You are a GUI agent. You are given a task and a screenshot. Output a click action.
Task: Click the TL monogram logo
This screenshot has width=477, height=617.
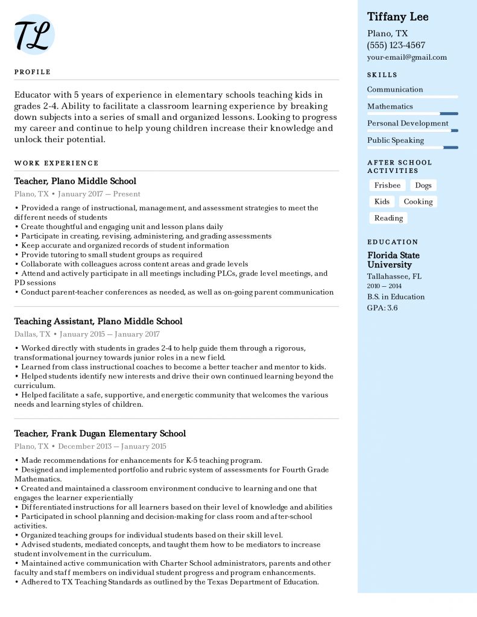tap(34, 34)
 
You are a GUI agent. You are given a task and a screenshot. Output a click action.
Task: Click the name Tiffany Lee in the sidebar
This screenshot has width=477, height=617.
tap(398, 17)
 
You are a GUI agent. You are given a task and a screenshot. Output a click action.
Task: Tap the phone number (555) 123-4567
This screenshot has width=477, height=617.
tap(396, 45)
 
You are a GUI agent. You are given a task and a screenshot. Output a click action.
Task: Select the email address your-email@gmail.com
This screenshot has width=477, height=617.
tap(407, 57)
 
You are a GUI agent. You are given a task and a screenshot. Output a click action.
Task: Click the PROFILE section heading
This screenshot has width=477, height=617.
tap(33, 72)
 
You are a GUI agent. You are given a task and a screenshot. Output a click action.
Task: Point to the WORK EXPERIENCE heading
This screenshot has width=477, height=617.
tap(56, 163)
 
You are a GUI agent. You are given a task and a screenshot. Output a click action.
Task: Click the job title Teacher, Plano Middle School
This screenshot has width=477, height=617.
tap(75, 181)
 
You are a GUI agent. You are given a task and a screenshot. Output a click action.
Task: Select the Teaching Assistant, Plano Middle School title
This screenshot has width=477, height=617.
tap(98, 322)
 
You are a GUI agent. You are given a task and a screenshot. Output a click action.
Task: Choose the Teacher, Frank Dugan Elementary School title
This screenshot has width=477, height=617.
tap(100, 434)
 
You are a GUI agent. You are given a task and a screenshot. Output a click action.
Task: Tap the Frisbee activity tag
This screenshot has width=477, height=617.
tap(387, 186)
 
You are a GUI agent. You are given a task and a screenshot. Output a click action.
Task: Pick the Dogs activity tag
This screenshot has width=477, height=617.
tap(423, 186)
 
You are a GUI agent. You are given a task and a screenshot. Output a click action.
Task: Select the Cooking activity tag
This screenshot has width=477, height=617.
tap(418, 202)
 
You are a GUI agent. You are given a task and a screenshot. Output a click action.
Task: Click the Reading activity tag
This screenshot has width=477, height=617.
tap(388, 218)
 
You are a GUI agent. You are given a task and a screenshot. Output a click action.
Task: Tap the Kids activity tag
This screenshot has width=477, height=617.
tap(382, 202)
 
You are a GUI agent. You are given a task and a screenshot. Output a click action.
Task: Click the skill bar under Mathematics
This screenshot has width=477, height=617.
tap(412, 113)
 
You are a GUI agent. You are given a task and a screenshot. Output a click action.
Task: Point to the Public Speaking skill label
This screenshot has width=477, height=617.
tap(396, 140)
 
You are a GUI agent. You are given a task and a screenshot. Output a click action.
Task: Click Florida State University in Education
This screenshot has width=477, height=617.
tap(393, 260)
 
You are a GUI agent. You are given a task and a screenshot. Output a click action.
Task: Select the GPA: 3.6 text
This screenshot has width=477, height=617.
tap(382, 308)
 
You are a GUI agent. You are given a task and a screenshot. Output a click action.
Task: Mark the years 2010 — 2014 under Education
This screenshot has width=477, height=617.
tap(384, 286)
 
